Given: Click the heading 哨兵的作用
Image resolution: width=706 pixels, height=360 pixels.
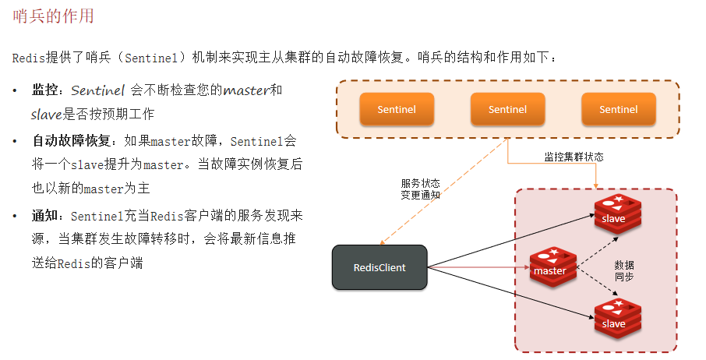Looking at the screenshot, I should (x=54, y=15).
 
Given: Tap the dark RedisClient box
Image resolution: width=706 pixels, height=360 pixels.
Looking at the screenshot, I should (x=379, y=267).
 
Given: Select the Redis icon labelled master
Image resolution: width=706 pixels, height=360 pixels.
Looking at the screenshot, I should (x=552, y=266).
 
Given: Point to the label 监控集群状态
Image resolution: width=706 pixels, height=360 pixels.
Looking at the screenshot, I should (x=574, y=157).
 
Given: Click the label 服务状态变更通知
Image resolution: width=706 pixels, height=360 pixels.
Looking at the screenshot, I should (x=421, y=189).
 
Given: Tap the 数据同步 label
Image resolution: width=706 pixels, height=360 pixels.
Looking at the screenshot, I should (x=624, y=270).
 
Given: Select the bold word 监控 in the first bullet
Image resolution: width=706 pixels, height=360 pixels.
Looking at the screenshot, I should (x=45, y=90).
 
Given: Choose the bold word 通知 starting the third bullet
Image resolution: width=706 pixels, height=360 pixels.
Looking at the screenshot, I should (x=45, y=216).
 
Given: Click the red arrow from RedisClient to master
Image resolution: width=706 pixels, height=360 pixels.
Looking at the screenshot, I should (x=479, y=269).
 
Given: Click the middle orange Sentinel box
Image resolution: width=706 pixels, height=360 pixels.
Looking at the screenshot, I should (x=507, y=110).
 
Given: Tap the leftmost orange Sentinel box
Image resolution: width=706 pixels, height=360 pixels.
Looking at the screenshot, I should (x=397, y=110).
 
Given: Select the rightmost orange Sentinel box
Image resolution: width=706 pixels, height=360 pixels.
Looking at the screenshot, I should (x=618, y=110).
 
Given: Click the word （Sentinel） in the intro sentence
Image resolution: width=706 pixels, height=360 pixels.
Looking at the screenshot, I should (x=154, y=58).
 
